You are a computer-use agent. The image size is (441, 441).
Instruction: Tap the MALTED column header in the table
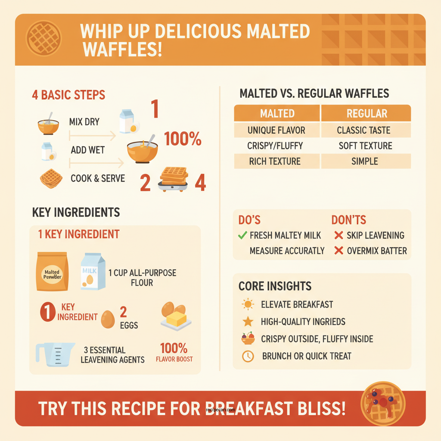click(x=277, y=114)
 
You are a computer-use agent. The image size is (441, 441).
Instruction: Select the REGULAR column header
click(x=366, y=114)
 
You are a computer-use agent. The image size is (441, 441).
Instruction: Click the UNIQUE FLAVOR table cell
click(x=276, y=130)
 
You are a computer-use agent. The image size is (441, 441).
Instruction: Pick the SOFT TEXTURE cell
click(x=365, y=146)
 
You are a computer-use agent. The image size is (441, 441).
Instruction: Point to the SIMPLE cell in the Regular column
click(x=365, y=161)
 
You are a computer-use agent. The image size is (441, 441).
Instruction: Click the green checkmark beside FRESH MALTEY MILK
click(x=242, y=235)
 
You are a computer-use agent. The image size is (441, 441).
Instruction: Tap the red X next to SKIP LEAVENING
click(x=339, y=235)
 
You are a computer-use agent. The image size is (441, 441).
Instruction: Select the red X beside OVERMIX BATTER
click(x=339, y=251)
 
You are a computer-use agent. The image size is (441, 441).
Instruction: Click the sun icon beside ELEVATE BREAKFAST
click(x=248, y=304)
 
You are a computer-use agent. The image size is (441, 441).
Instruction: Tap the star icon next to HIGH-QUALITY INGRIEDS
click(x=248, y=321)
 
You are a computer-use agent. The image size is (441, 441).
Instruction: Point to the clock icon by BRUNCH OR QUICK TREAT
click(x=248, y=356)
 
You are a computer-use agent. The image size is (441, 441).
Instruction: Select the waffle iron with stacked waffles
click(x=174, y=179)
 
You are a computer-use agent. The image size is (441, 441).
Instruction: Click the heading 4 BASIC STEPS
click(x=68, y=95)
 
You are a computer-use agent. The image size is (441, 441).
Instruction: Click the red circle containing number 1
click(x=48, y=312)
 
